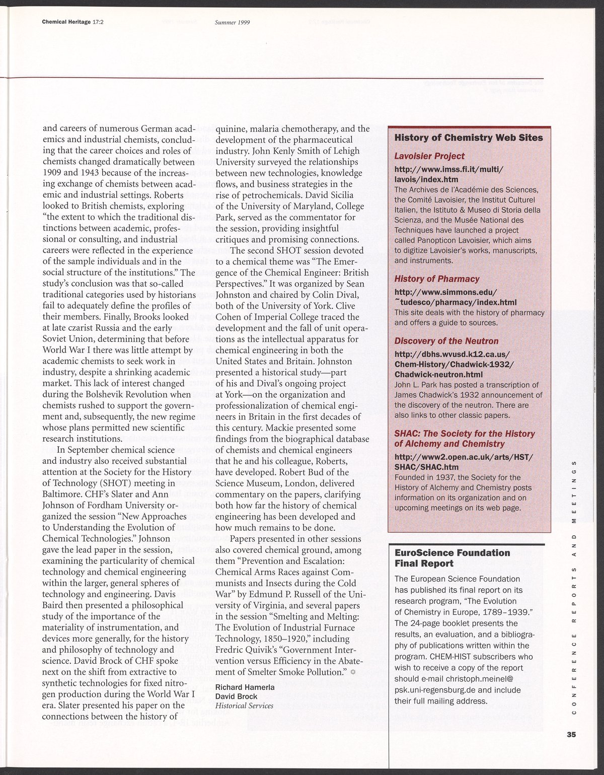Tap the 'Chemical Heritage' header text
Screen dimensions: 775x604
point(66,22)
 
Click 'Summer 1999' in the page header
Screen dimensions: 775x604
point(232,23)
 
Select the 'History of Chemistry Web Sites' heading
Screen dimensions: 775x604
point(468,138)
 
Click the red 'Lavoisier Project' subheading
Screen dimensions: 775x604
point(429,156)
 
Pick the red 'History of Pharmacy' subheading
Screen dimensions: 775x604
point(437,279)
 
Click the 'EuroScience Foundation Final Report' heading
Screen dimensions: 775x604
point(452,558)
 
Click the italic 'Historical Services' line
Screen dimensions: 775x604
point(244,706)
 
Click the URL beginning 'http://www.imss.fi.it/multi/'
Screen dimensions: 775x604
point(448,168)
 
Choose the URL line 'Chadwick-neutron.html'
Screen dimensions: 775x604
point(438,374)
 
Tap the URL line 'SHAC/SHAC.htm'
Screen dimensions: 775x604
point(426,467)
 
